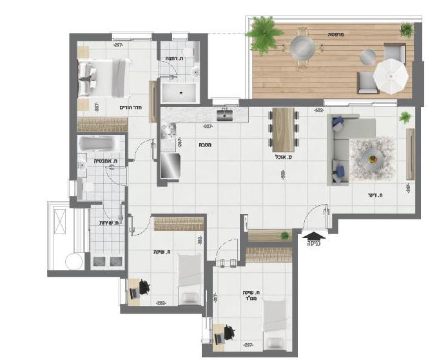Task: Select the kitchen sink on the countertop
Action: [x=225, y=116]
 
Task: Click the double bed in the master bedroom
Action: [x=103, y=78]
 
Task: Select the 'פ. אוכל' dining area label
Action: [x=282, y=156]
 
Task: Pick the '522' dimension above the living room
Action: [x=318, y=110]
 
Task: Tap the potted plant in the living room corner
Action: [x=405, y=118]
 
